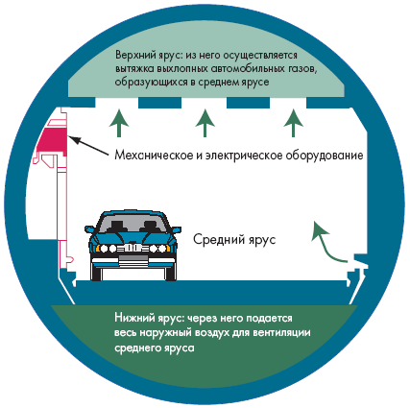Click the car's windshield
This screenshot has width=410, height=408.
[x=132, y=224]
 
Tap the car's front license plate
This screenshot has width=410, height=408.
[x=133, y=259]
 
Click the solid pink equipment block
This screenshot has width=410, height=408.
[x=52, y=140]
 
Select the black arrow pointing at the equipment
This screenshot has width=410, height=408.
[x=88, y=146]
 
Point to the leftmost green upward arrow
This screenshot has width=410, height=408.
[x=119, y=123]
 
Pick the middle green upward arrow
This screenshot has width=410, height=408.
[x=205, y=123]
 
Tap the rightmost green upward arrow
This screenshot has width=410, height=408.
[x=293, y=123]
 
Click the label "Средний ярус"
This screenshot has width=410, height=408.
[x=234, y=240]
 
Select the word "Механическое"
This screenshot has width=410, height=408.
[x=155, y=156]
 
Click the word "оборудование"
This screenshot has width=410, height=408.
[x=325, y=156]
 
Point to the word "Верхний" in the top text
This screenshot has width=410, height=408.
[x=135, y=55]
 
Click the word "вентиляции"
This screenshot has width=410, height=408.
[x=281, y=333]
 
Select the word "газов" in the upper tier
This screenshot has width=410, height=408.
[x=301, y=69]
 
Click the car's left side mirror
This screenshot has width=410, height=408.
[x=90, y=229]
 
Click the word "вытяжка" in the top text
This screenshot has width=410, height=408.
[x=134, y=69]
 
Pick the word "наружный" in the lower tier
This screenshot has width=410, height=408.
[x=166, y=333]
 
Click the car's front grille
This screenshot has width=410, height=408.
[x=133, y=248]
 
